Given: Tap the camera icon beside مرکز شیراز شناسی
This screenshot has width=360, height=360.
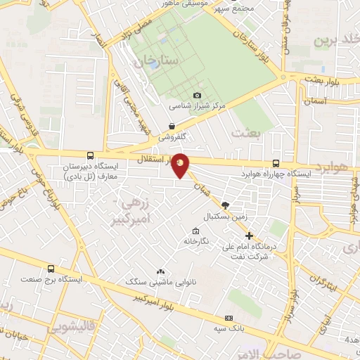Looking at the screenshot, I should tap(197, 95).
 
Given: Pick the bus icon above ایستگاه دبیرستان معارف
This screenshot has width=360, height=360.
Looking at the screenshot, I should tap(89, 156).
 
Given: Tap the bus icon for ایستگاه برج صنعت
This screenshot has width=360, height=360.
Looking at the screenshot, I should tap(51, 269).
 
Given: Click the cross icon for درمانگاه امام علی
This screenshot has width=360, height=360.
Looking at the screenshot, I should tap(249, 235).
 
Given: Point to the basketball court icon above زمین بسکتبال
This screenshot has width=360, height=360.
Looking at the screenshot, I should tap(224, 205).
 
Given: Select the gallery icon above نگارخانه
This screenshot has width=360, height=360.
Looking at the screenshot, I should tap(195, 231).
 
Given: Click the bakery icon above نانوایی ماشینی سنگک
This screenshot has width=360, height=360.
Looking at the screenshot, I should tap(160, 271).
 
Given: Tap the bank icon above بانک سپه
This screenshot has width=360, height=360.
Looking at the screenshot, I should tap(227, 318).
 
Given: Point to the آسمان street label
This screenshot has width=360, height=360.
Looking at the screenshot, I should tap(316, 102).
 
